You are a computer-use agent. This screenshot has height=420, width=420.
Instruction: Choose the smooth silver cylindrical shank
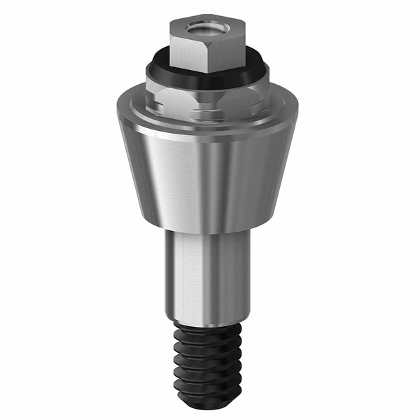click(x=206, y=273)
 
